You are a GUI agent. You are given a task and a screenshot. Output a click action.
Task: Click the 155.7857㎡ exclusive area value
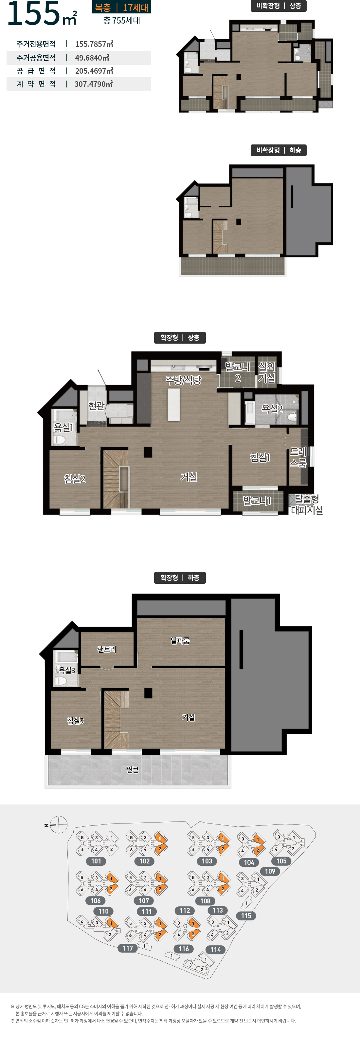[94, 44]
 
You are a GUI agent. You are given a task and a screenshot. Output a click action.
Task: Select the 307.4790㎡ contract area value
[93, 84]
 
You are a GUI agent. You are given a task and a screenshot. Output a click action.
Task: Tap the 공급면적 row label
[36, 71]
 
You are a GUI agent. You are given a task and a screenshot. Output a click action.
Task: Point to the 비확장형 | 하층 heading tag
[279, 150]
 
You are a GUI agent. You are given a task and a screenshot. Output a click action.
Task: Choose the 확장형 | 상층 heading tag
[180, 337]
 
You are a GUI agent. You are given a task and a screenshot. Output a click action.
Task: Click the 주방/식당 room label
[183, 380]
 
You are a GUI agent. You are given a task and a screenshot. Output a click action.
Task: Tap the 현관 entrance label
[97, 406]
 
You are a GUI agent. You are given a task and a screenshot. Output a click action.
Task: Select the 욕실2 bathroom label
[272, 409]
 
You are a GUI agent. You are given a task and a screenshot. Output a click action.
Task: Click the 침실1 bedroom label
[260, 457]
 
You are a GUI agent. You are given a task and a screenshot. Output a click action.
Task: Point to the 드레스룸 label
[298, 457]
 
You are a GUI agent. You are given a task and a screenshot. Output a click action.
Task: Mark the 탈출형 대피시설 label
[307, 504]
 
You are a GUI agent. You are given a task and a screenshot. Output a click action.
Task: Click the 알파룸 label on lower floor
[180, 640]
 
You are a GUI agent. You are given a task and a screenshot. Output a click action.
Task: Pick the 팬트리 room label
[107, 649]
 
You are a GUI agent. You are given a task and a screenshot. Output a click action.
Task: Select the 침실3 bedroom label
[76, 721]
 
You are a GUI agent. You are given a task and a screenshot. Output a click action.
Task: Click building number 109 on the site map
[270, 871]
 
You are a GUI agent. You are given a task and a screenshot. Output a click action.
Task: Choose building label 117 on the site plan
[128, 948]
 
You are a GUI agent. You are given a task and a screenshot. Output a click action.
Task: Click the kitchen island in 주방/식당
[173, 404]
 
